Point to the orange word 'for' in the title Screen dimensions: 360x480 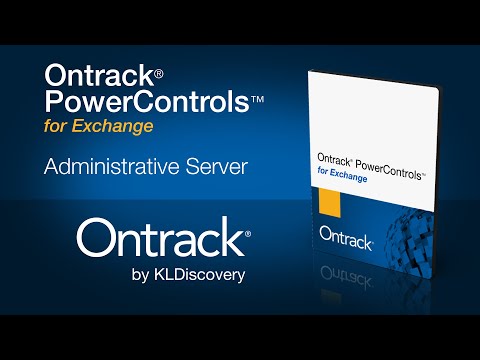tap(59, 127)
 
